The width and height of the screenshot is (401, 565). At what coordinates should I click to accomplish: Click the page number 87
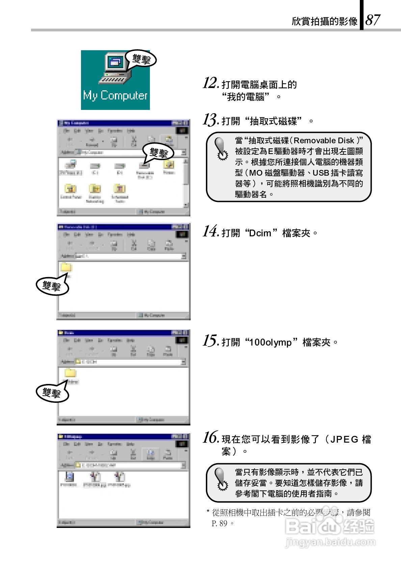pyautogui.click(x=373, y=20)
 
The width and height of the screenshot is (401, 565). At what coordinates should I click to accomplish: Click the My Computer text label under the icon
pyautogui.click(x=115, y=95)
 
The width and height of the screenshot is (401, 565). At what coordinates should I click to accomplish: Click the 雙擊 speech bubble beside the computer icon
pyautogui.click(x=141, y=59)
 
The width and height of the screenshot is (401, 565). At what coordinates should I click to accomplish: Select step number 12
pyautogui.click(x=210, y=83)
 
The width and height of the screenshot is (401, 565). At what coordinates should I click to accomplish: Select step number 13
pyautogui.click(x=210, y=120)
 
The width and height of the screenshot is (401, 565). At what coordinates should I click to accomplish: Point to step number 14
pyautogui.click(x=210, y=232)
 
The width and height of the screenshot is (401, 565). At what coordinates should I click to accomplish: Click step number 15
pyautogui.click(x=210, y=341)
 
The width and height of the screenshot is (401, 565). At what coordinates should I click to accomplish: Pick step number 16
pyautogui.click(x=210, y=438)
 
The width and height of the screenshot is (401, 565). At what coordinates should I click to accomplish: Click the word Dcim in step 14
pyautogui.click(x=260, y=233)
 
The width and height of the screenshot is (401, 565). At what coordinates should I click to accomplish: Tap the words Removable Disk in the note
pyautogui.click(x=324, y=141)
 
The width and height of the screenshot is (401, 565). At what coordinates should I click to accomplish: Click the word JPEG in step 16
pyautogui.click(x=344, y=440)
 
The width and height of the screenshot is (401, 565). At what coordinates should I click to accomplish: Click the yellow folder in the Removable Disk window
pyautogui.click(x=66, y=267)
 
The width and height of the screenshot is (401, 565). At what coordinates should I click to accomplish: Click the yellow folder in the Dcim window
pyautogui.click(x=71, y=373)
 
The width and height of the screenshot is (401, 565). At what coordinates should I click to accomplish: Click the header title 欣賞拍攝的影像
pyautogui.click(x=324, y=21)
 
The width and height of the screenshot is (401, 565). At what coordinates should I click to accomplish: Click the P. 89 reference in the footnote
pyautogui.click(x=219, y=524)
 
